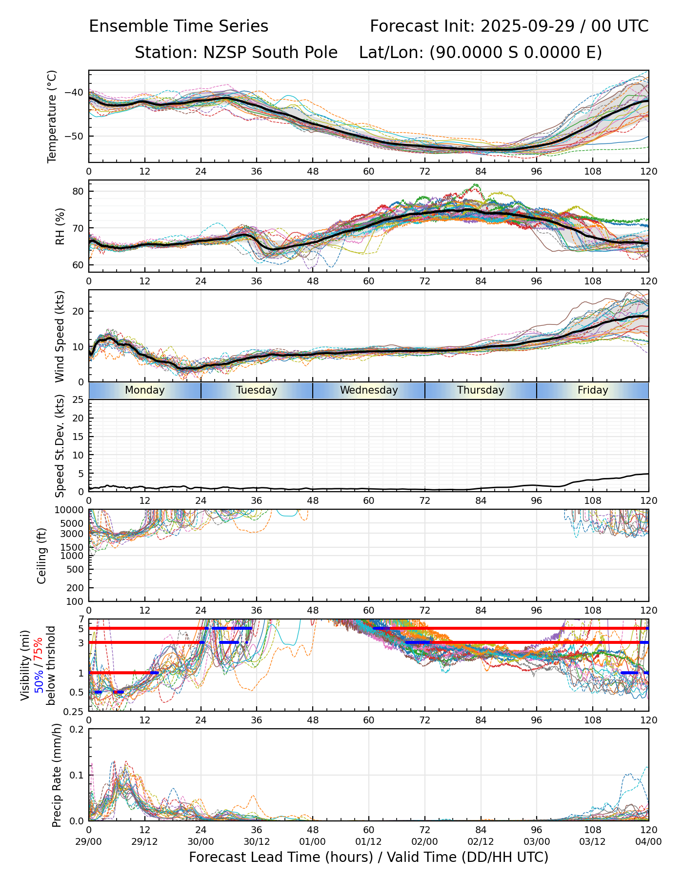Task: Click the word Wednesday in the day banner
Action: point(369,390)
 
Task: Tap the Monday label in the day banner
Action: point(145,390)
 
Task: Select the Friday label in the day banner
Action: point(593,390)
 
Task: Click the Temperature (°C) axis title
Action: point(52,116)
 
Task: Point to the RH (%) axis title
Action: point(60,226)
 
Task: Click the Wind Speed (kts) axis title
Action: point(60,336)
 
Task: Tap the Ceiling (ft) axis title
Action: point(42,556)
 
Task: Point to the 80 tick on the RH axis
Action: point(78,191)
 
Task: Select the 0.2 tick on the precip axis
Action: point(77,729)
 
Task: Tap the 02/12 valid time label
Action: point(481,841)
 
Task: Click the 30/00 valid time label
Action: point(201,841)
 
